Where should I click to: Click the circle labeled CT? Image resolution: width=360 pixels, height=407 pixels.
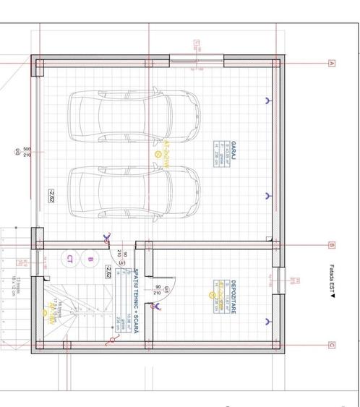70,259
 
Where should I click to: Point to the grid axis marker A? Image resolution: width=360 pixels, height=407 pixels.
332,64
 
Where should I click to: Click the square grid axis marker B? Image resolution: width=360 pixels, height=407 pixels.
332,244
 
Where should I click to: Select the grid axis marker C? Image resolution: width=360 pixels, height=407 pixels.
332,346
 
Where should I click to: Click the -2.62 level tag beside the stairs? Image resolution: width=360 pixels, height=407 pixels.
108,272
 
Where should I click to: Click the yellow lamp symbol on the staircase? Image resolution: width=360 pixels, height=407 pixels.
45,313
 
